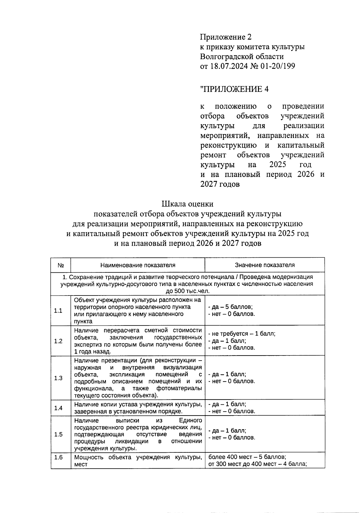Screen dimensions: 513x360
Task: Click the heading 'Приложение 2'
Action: point(226,37)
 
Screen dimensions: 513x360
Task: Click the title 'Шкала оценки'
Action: point(187,204)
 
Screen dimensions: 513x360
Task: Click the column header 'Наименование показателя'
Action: point(138,265)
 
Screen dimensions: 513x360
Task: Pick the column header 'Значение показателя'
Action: point(265,265)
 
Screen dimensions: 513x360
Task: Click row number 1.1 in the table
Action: point(58,310)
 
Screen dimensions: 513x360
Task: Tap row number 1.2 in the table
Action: point(58,341)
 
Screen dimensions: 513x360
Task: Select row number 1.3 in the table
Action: point(58,378)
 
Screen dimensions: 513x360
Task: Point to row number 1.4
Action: point(58,408)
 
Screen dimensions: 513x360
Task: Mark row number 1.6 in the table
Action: point(58,457)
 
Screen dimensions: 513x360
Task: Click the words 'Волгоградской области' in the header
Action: point(242,56)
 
